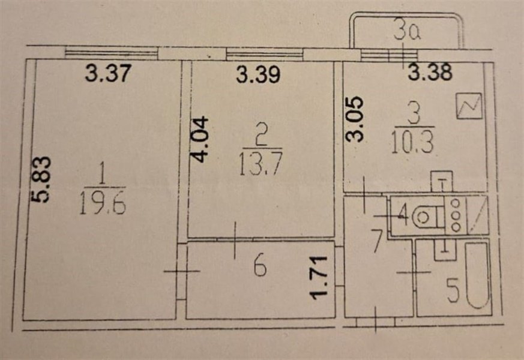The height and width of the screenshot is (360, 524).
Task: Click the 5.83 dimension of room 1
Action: tap(42, 179)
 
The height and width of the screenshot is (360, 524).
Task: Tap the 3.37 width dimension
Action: tap(107, 73)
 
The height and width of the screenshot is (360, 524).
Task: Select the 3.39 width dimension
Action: tap(258, 74)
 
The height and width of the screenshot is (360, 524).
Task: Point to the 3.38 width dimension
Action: tap(430, 72)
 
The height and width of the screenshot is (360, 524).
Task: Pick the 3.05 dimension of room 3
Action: tap(354, 119)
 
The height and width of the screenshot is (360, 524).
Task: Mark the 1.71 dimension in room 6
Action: tap(318, 278)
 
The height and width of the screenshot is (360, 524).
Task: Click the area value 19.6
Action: tap(103, 204)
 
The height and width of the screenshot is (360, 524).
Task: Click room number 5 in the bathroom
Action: tap(453, 292)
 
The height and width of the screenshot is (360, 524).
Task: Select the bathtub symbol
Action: tap(478, 276)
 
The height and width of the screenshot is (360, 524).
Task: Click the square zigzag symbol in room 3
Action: tap(469, 106)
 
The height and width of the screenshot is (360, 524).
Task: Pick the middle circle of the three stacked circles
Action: tap(456, 215)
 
